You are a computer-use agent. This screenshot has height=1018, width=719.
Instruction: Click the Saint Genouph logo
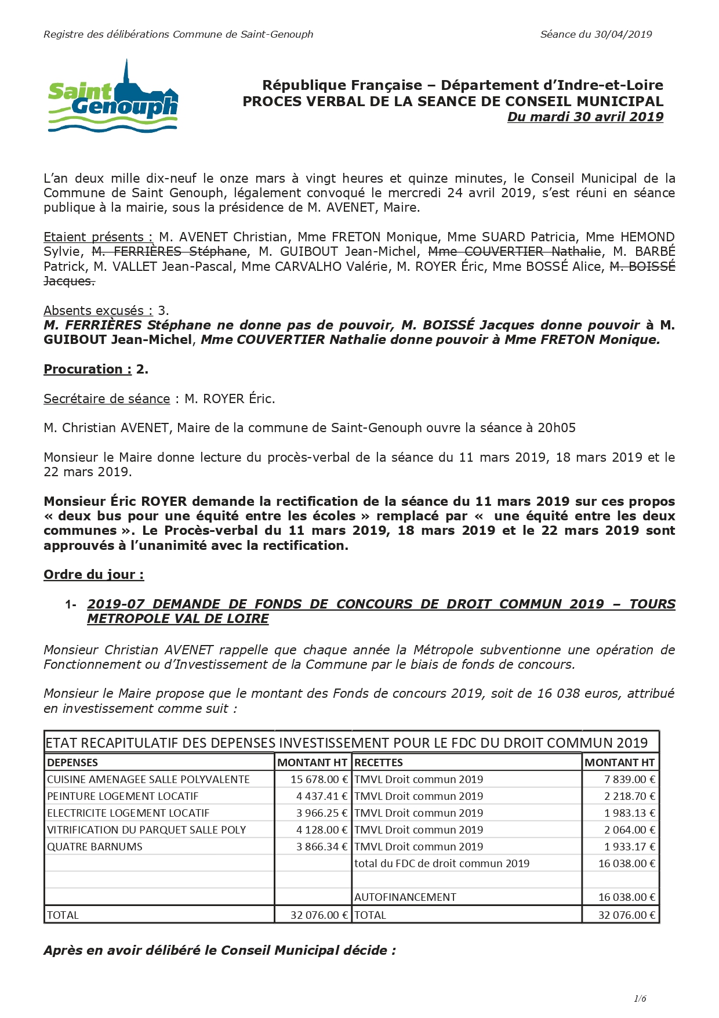[x=112, y=97]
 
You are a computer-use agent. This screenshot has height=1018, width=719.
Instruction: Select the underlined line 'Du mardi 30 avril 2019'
[x=585, y=117]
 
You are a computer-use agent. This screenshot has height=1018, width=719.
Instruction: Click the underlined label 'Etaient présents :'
[x=98, y=237]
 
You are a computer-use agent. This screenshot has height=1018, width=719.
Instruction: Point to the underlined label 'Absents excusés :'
[x=98, y=310]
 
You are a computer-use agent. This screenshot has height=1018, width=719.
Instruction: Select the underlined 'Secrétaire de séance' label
[x=107, y=398]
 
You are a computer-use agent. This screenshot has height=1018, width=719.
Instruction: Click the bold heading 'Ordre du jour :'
[x=93, y=574]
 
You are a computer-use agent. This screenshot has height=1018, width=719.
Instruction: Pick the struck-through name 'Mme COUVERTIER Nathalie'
[x=514, y=251]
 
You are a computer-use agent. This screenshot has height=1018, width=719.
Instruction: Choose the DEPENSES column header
[x=72, y=763]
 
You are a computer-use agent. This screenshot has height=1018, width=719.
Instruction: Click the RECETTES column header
[x=378, y=763]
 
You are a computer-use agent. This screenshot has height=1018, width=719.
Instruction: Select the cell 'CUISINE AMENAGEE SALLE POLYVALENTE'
[x=148, y=780]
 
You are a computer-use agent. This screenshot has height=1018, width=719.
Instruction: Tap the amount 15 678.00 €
[x=319, y=780]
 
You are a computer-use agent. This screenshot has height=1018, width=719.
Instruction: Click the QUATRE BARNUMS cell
[x=95, y=847]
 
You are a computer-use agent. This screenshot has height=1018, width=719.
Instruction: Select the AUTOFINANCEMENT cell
[x=405, y=897]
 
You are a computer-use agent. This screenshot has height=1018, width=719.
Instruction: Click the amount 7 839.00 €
[x=630, y=780]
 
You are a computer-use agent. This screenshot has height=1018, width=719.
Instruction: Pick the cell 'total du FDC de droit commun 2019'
[x=442, y=864]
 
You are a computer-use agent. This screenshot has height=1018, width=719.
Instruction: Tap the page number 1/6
[x=640, y=998]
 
